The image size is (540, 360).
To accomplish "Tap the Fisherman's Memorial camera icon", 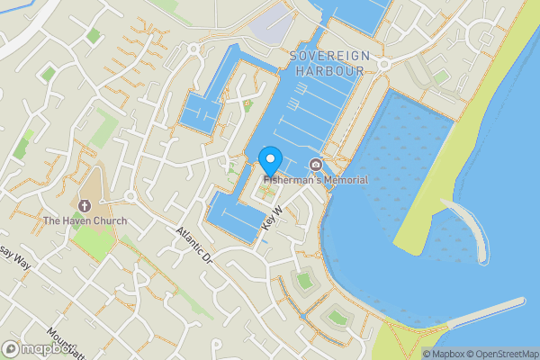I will coord(315,165).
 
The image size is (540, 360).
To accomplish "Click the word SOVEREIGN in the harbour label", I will coord(329,56).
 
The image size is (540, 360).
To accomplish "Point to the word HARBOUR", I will coord(329,70).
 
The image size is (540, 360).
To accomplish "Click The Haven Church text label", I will coord(85,220).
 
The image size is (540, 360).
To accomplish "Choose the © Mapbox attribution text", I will coord(441,354).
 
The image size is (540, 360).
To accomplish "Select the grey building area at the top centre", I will coord(274,25).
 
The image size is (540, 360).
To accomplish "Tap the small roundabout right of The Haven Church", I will coord(130,195).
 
